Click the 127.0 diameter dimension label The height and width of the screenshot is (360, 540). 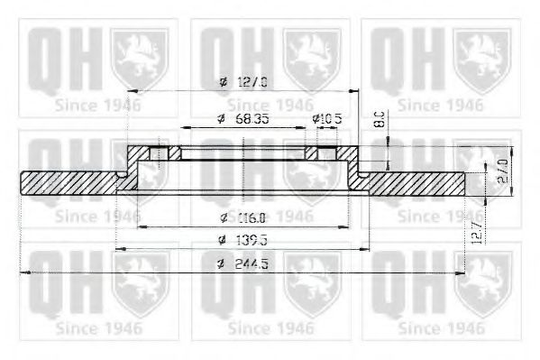click(x=243, y=83)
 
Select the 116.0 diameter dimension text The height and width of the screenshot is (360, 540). click(x=243, y=217)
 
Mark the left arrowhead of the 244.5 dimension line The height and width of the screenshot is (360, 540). click(x=24, y=272)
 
